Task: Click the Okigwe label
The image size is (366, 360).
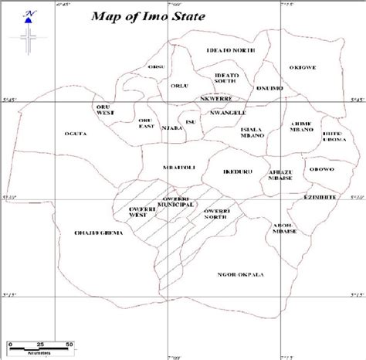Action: click(x=302, y=67)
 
